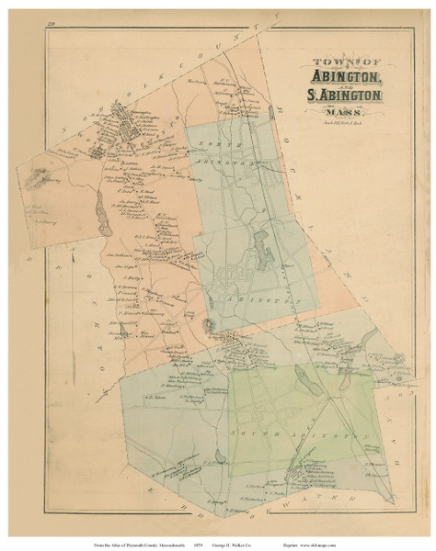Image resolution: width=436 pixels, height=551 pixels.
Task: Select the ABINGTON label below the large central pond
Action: pyautogui.click(x=247, y=298)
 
